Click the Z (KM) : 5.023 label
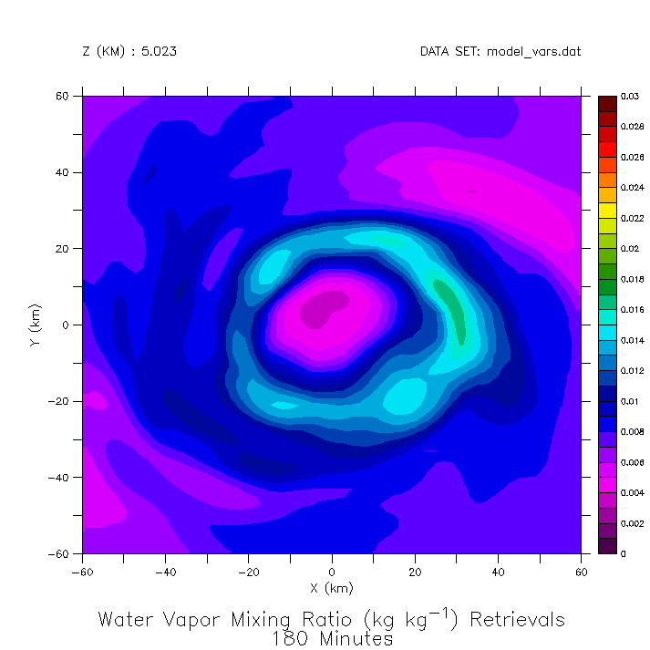pyautogui.click(x=129, y=52)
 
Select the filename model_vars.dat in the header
pyautogui.click(x=534, y=52)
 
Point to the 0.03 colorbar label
pyautogui.click(x=630, y=96)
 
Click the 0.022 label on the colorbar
pyautogui.click(x=633, y=218)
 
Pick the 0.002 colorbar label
pyautogui.click(x=633, y=523)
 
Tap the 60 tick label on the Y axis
pyautogui.click(x=67, y=96)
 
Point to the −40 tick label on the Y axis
pyautogui.click(x=63, y=477)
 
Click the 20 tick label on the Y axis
pyautogui.click(x=67, y=248)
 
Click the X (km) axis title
pyautogui.click(x=332, y=589)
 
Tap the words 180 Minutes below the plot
pyautogui.click(x=332, y=639)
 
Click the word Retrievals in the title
pyautogui.click(x=517, y=620)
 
